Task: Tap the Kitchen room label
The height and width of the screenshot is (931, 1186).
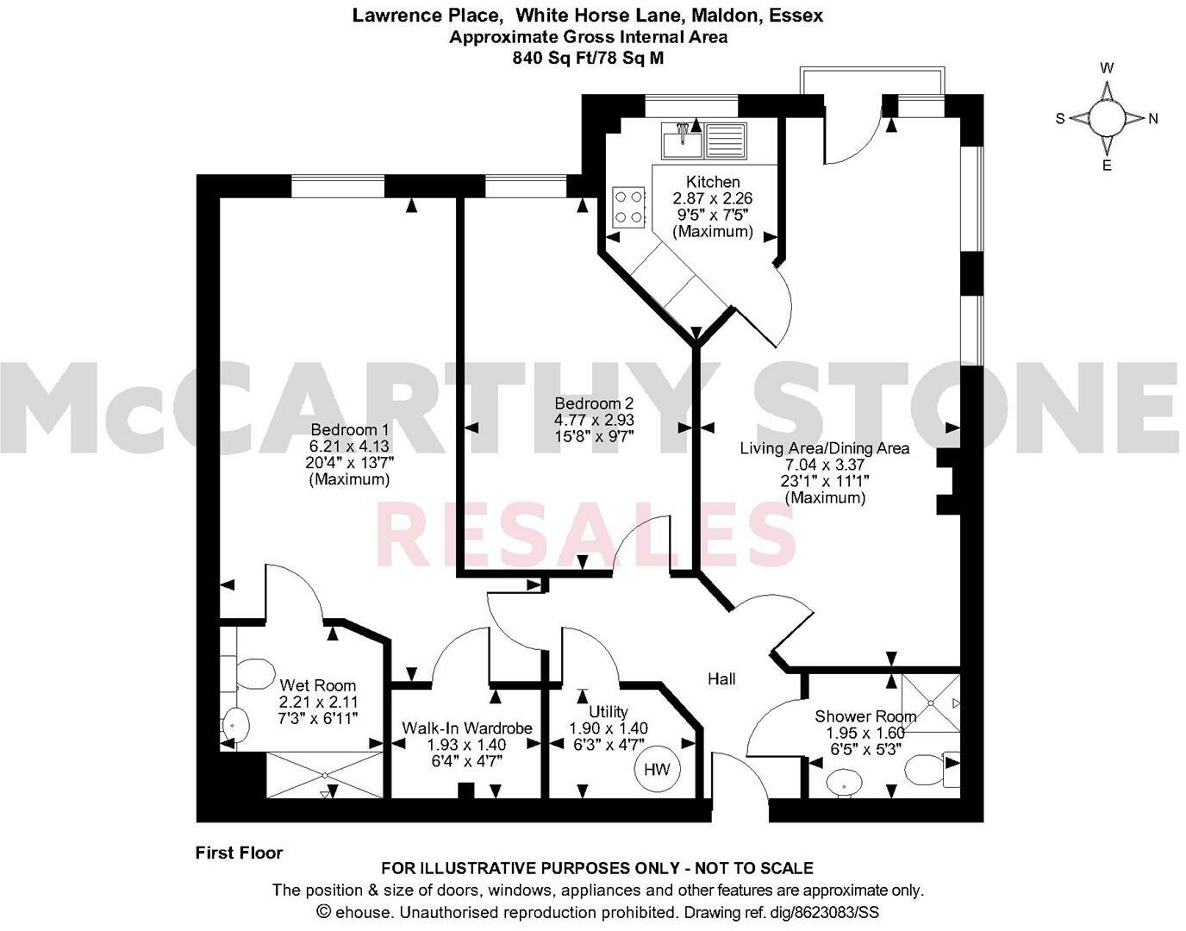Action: click(x=713, y=182)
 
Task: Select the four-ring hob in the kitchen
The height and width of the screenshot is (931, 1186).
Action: click(x=628, y=207)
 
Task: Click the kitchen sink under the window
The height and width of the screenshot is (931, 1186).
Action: click(x=702, y=138)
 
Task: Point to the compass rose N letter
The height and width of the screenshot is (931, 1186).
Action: click(x=1152, y=119)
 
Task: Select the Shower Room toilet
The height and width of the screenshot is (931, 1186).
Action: click(x=929, y=768)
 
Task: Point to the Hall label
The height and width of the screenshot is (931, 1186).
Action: click(x=721, y=679)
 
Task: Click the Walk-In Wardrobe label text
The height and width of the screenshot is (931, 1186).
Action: click(x=467, y=728)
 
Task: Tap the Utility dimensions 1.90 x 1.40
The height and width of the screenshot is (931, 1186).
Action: click(x=609, y=728)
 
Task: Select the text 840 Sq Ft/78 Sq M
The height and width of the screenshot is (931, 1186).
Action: click(x=588, y=58)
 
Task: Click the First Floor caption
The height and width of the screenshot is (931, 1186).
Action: click(x=239, y=853)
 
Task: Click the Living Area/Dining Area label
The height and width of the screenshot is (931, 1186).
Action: click(x=825, y=448)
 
